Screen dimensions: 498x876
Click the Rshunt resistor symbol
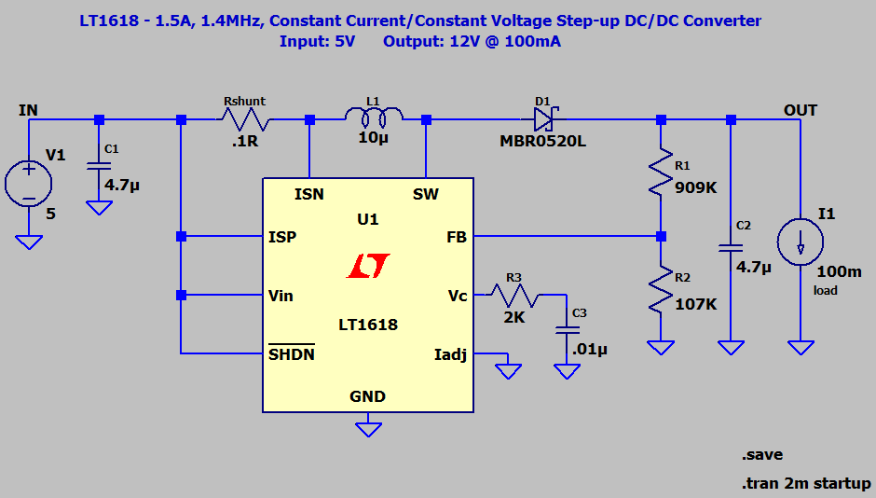click(x=245, y=119)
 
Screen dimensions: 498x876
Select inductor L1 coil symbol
click(x=374, y=117)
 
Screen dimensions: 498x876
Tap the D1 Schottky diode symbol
click(x=543, y=118)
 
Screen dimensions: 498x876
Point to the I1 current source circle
click(x=800, y=242)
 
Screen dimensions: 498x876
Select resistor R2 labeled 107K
click(x=661, y=291)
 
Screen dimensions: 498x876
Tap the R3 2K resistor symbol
click(x=512, y=296)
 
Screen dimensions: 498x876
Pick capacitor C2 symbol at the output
click(x=731, y=248)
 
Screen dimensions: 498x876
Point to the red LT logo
click(x=368, y=267)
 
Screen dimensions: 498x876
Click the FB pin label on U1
click(x=456, y=237)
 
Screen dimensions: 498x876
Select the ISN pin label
click(x=309, y=194)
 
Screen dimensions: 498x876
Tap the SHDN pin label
click(x=292, y=354)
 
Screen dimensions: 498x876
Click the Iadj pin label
click(x=450, y=354)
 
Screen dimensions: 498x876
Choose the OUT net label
click(x=800, y=110)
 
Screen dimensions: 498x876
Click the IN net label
click(x=29, y=110)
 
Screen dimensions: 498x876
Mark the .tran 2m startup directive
click(x=806, y=484)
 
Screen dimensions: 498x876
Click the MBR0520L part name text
click(x=544, y=141)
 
